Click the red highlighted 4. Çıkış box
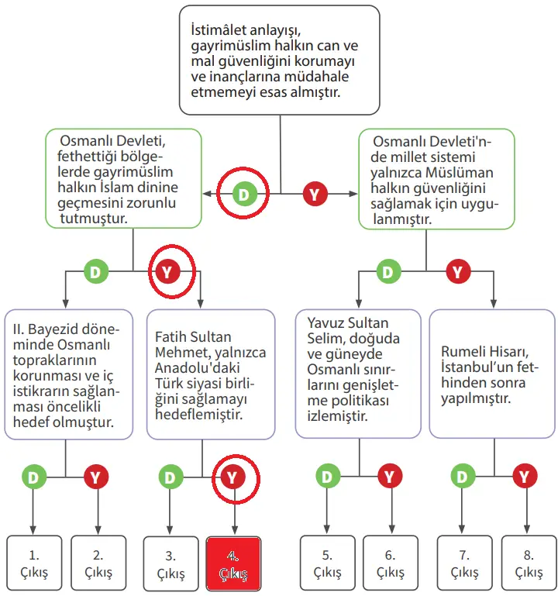pyautogui.click(x=233, y=563)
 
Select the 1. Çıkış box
pyautogui.click(x=34, y=563)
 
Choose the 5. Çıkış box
pyautogui.click(x=327, y=563)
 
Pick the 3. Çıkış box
pyautogui.click(x=170, y=563)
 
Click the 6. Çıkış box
pyautogui.click(x=390, y=563)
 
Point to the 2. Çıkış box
pyautogui.click(x=98, y=563)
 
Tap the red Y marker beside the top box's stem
pyautogui.click(x=313, y=194)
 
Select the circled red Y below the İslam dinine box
pyautogui.click(x=170, y=272)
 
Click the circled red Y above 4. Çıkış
pyautogui.click(x=232, y=477)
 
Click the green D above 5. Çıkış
pyautogui.click(x=327, y=477)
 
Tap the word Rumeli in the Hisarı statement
pyautogui.click(x=463, y=351)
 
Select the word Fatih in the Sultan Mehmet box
pyautogui.click(x=172, y=337)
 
